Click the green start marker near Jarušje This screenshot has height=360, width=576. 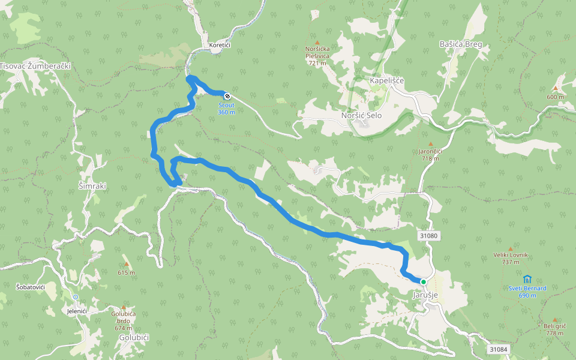point(423,281)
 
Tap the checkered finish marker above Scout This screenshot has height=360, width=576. point(227,95)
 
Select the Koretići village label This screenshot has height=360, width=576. point(220,45)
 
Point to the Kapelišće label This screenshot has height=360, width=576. point(387,80)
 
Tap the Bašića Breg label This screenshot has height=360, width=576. point(461,44)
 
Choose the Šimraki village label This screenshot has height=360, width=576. point(92,186)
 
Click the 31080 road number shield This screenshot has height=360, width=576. point(429,236)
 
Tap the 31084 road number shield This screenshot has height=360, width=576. point(498,349)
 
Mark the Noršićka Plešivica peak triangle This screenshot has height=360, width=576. point(317,43)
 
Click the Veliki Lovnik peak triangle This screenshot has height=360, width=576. point(511,248)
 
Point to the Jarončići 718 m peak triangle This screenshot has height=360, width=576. point(430,144)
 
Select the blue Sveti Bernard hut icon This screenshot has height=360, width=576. point(527,279)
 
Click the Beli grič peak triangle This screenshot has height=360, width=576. point(555,320)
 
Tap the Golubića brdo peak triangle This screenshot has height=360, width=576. point(124,307)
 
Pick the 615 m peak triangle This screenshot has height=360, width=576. point(126,264)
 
